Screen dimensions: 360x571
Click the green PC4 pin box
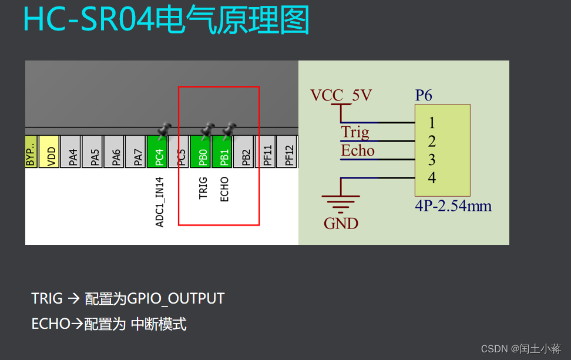tap(157, 152)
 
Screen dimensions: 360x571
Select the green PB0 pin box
tap(201, 152)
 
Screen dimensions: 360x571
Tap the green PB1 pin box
tap(223, 152)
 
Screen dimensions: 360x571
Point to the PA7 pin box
tap(136, 152)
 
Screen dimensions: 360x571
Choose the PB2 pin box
tap(244, 152)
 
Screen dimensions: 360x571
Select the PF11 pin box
tap(266, 152)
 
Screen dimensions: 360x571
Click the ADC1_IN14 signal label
tap(159, 201)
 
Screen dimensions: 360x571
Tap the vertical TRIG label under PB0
tap(203, 188)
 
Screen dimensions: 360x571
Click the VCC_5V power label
tap(341, 95)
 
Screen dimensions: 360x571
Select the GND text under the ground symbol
tap(341, 223)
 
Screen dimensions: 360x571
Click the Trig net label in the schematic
tap(355, 132)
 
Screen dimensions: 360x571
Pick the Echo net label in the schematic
tap(358, 151)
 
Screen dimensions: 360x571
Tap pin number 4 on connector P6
tap(432, 178)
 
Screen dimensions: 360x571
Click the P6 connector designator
tap(424, 95)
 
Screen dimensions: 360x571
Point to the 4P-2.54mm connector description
tap(453, 206)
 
